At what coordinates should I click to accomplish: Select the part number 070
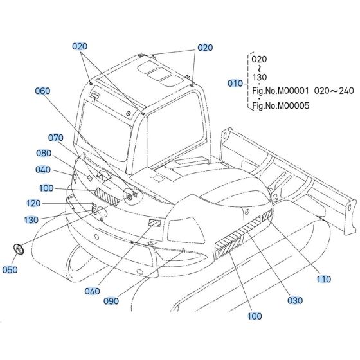[57, 138]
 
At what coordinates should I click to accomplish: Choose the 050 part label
[10, 270]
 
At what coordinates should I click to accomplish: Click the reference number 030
[294, 299]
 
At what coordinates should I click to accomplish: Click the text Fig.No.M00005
[280, 107]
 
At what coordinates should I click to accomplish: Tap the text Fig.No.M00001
[280, 91]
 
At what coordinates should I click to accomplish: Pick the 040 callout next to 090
[92, 291]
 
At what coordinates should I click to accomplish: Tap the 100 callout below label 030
[255, 316]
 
